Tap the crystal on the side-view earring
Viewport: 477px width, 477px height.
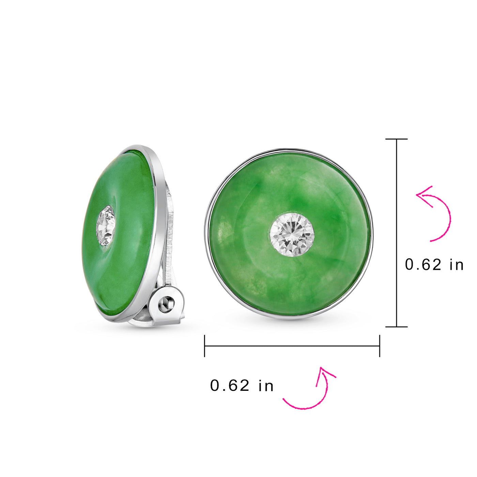(106, 225)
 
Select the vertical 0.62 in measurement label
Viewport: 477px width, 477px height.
(434, 265)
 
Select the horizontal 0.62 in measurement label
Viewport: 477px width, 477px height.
(242, 386)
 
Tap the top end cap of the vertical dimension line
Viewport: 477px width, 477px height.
(397, 139)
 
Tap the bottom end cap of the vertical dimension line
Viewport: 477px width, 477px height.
(397, 327)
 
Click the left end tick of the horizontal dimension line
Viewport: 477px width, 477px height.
(204, 346)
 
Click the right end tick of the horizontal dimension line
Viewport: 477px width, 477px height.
(380, 346)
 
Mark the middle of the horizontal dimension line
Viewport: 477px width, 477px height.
(292, 346)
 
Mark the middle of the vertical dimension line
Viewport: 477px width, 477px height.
(397, 233)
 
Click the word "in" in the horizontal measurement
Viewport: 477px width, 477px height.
(266, 386)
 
